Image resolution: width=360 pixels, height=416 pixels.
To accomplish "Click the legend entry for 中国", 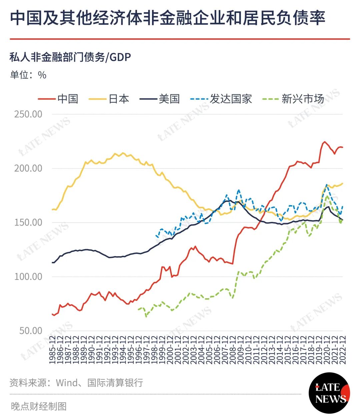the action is pyautogui.click(x=58, y=99).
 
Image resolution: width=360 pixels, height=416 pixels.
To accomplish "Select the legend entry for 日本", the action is pyautogui.click(x=109, y=99).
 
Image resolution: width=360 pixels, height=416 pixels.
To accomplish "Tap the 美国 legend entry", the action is pyautogui.click(x=159, y=99).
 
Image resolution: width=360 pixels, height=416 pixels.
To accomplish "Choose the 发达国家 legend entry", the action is pyautogui.click(x=221, y=99).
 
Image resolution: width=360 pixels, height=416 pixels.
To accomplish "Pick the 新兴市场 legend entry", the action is pyautogui.click(x=293, y=99).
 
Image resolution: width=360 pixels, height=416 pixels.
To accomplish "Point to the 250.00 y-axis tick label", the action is pyautogui.click(x=28, y=114).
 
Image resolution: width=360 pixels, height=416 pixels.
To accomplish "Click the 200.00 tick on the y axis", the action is pyautogui.click(x=28, y=168).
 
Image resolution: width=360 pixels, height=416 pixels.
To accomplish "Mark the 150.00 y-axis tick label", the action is pyautogui.click(x=28, y=223).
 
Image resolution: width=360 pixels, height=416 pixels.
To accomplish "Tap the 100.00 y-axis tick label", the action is pyautogui.click(x=28, y=277).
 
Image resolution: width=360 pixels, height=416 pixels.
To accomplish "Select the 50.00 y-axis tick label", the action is pyautogui.click(x=31, y=331).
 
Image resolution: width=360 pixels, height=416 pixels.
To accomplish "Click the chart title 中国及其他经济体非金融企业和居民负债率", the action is pyautogui.click(x=168, y=18).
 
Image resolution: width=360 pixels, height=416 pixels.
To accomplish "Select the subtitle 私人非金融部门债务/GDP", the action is pyautogui.click(x=70, y=57).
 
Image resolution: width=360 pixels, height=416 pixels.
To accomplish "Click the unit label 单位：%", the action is pyautogui.click(x=28, y=75).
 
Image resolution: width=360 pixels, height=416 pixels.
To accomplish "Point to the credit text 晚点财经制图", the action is pyautogui.click(x=39, y=406).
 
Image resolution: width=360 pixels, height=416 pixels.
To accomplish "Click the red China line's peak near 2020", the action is pyautogui.click(x=324, y=142).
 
